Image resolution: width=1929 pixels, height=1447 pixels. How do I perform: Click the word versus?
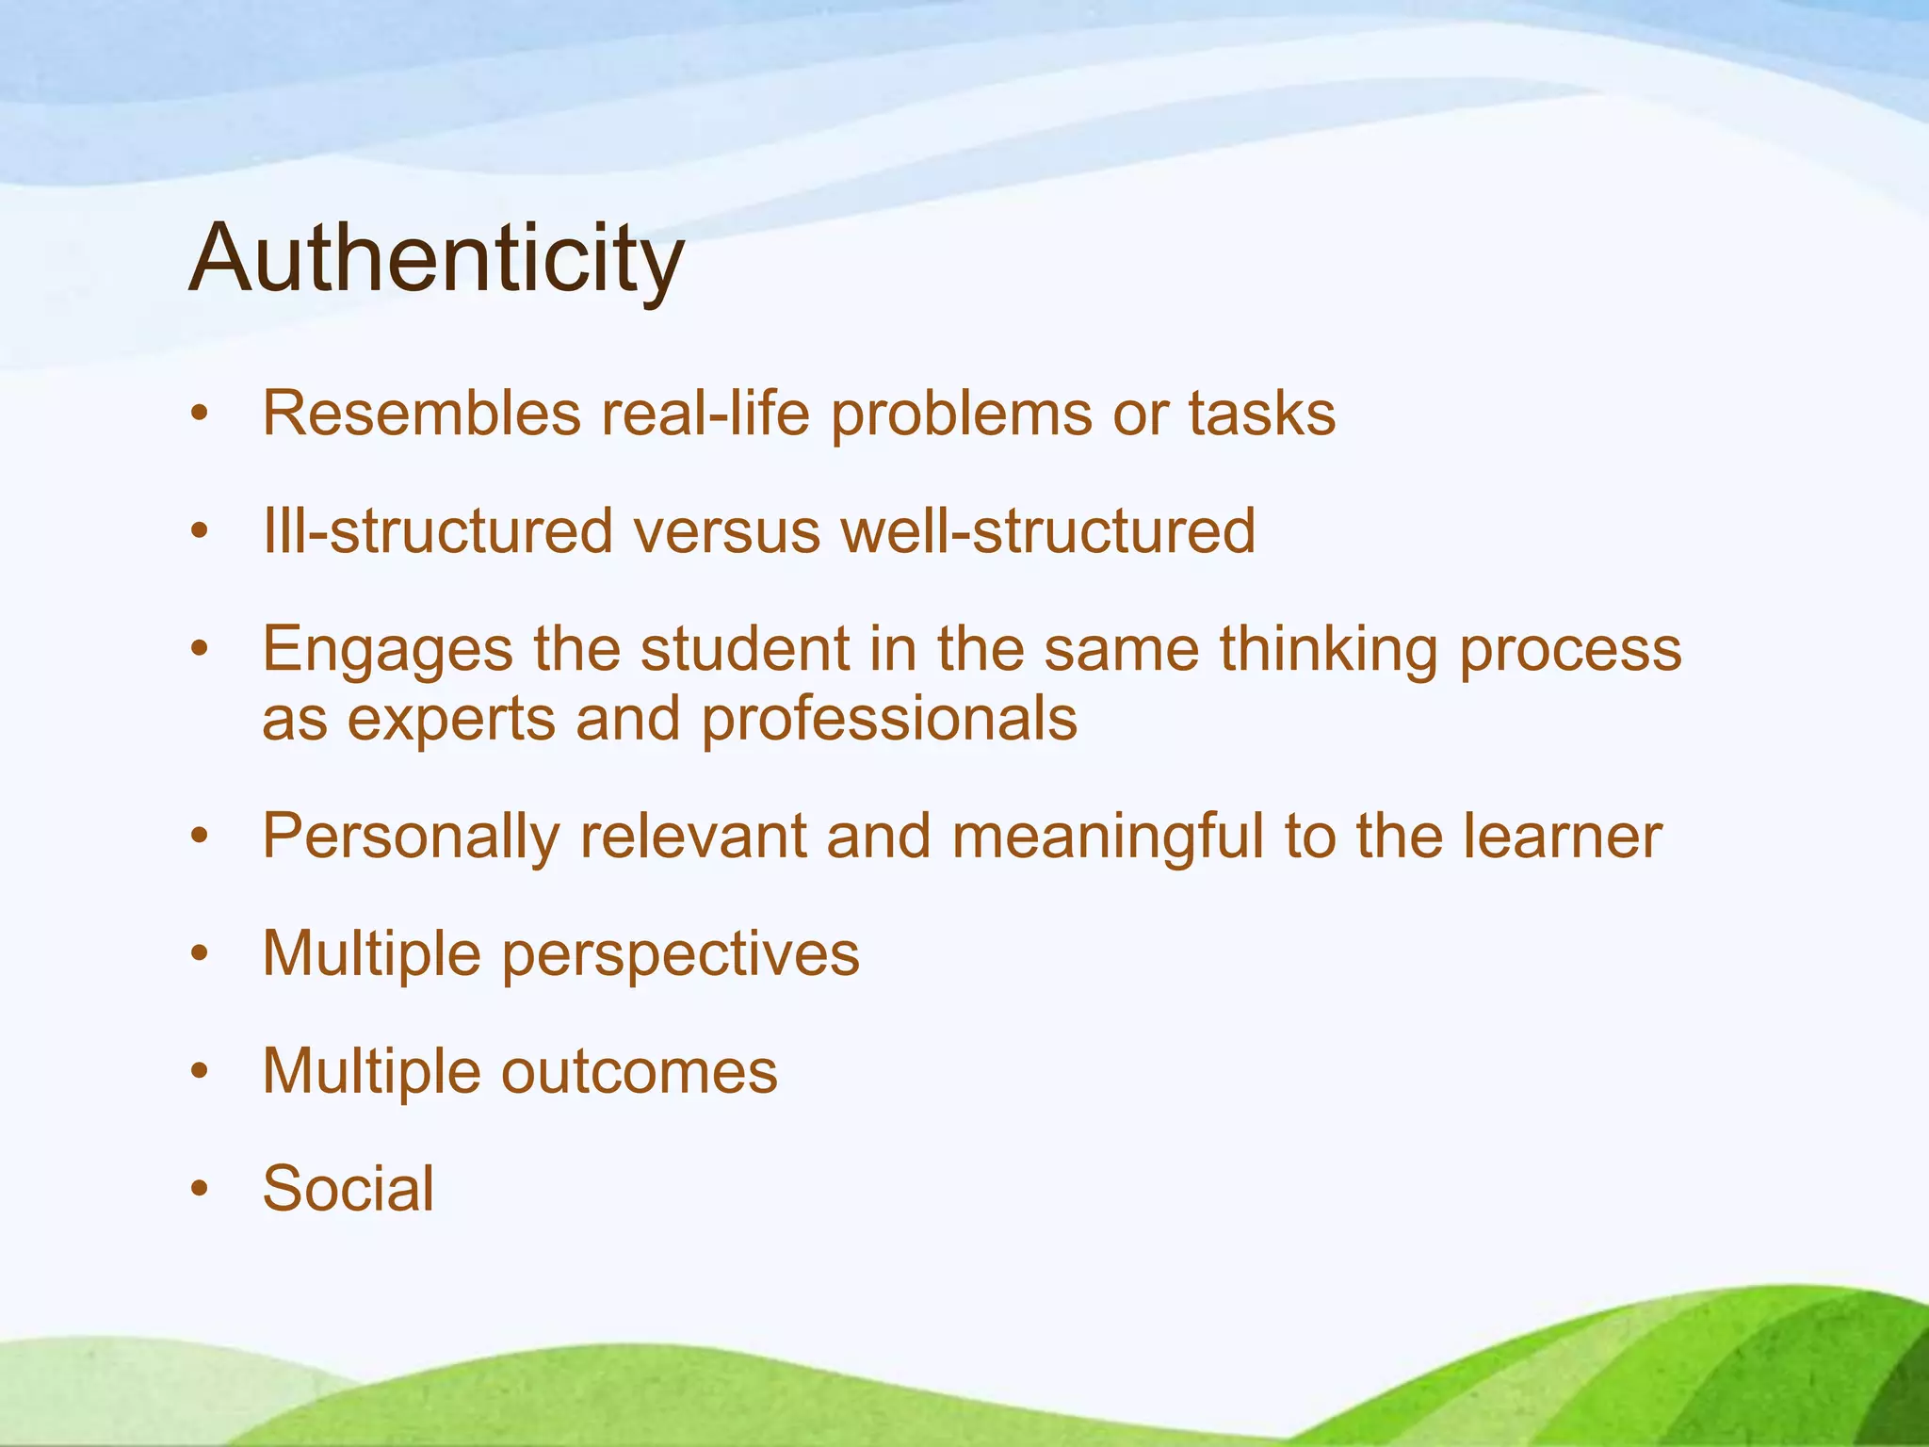point(726,530)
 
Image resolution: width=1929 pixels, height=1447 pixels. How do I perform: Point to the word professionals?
point(889,721)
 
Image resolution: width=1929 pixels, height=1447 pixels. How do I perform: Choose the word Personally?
point(411,837)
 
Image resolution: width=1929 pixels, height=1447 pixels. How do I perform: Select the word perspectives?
point(680,955)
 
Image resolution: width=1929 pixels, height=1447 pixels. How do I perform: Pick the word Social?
point(349,1188)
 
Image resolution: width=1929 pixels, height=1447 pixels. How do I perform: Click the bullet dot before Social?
point(198,1189)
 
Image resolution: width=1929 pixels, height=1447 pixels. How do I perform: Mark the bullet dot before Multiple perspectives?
point(198,953)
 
